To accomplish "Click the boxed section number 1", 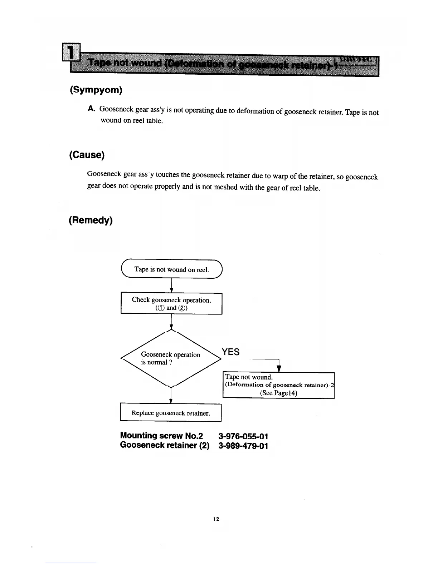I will [x=71, y=52].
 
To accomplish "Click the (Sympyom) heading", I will [x=96, y=90].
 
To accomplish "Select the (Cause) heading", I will [x=87, y=155].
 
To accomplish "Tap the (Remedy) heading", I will [x=91, y=220].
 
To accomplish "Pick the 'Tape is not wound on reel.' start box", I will [x=172, y=269].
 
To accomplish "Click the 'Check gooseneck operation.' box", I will [x=171, y=303].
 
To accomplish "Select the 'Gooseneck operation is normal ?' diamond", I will [x=171, y=358].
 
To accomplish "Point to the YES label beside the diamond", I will [x=230, y=352].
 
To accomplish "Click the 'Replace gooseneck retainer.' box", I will [x=171, y=413].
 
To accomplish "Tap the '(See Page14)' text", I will [x=278, y=393].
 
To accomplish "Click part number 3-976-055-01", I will [x=243, y=436].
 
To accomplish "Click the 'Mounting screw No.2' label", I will [x=161, y=436].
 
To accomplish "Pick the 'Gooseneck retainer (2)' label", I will [x=165, y=445].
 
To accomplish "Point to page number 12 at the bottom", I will [x=216, y=519].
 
